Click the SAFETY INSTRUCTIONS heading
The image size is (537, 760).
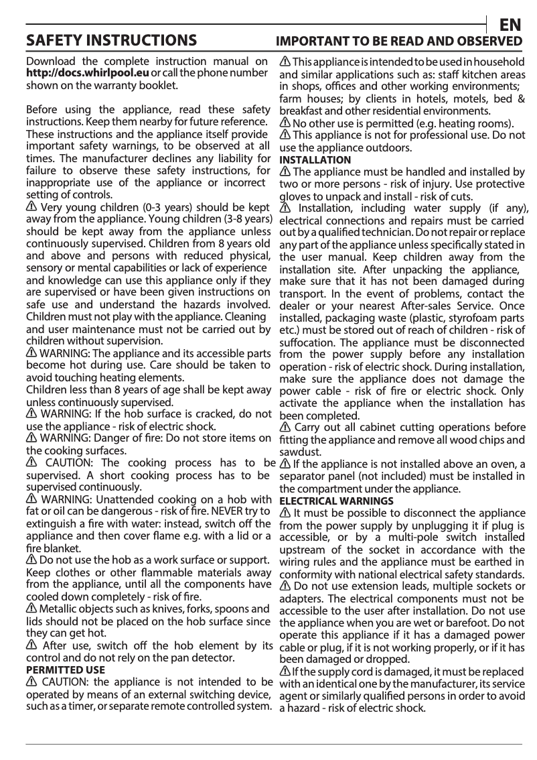(111, 41)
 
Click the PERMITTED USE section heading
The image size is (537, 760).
(65, 670)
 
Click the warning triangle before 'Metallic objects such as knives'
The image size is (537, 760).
(31, 609)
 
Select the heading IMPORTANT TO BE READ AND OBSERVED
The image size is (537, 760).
(399, 42)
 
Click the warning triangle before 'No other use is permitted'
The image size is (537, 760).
(285, 123)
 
